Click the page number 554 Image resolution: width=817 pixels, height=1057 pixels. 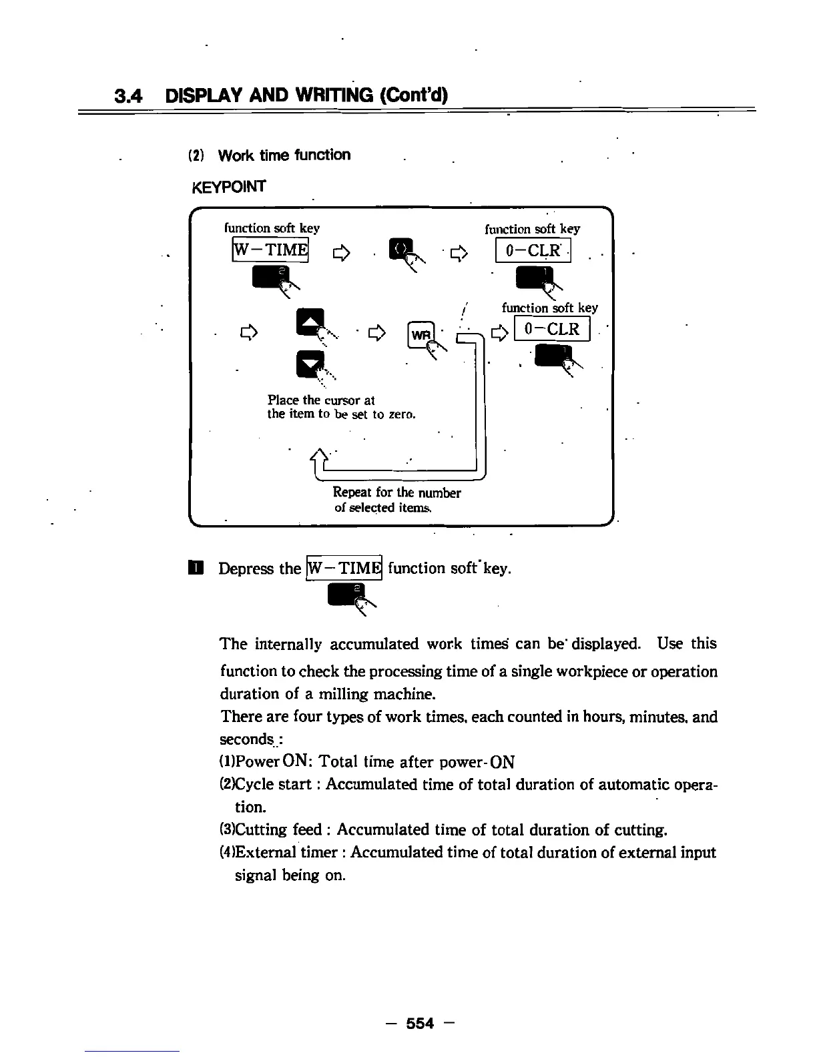pos(420,1023)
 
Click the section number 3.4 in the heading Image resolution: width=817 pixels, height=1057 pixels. pos(129,96)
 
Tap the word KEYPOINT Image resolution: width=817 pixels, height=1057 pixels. pos(228,187)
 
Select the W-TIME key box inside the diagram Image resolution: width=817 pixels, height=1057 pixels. pos(270,250)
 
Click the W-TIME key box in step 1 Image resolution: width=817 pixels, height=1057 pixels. pos(343,569)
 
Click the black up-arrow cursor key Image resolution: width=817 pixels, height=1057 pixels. pos(310,322)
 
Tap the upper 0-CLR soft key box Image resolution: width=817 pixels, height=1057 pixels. pos(533,252)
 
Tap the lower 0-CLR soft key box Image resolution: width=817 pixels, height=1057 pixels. pos(552,330)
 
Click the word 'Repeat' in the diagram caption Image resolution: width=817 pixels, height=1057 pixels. pos(352,493)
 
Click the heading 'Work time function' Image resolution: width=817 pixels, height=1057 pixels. pos(284,155)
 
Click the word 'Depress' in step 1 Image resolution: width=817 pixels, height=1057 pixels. pos(246,569)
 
